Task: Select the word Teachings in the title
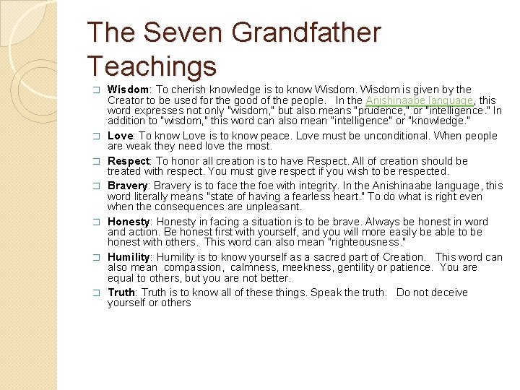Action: click(x=152, y=66)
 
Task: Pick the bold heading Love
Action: click(x=120, y=136)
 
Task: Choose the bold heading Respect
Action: click(x=129, y=161)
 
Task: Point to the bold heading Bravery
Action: click(x=128, y=186)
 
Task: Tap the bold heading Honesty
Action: click(x=129, y=221)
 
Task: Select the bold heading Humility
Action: click(x=129, y=257)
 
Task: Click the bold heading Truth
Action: click(x=121, y=292)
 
